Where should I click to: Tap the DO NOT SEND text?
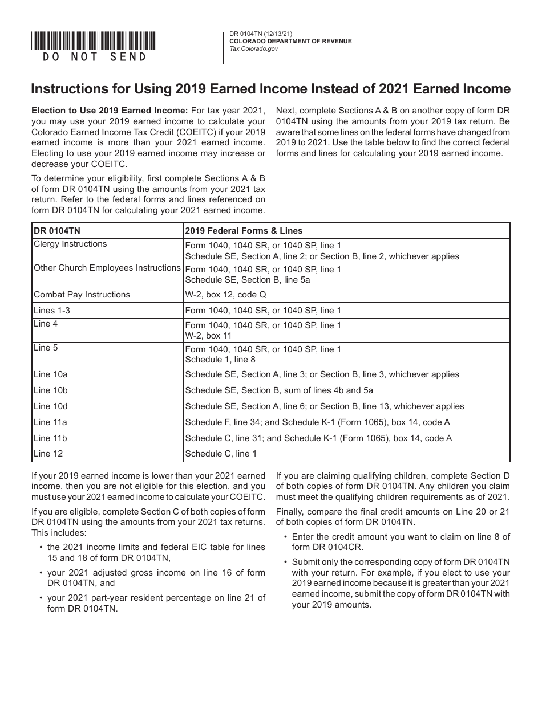coord(95,56)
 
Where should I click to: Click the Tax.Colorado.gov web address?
coord(254,50)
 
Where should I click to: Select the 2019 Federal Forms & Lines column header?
coord(244,231)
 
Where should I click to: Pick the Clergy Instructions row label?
coord(70,244)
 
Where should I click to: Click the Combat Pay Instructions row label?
coord(82,295)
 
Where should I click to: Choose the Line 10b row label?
coord(50,390)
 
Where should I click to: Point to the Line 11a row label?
coord(50,422)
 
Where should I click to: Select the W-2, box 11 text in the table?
coord(208,336)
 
